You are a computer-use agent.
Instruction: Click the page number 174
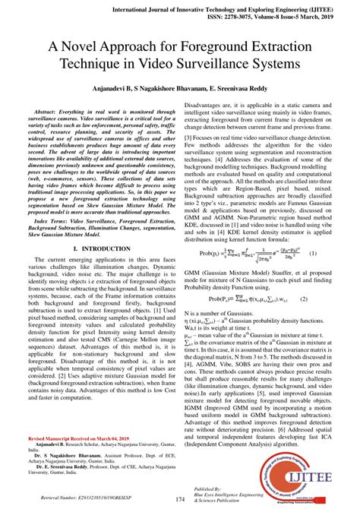pos(181,498)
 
